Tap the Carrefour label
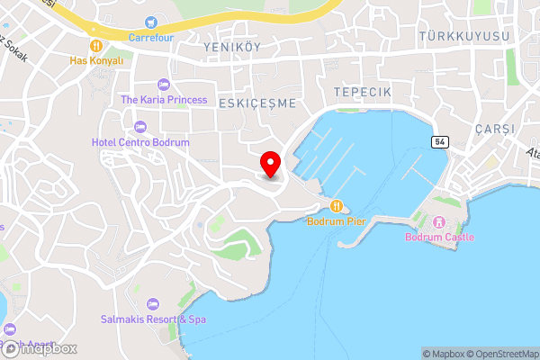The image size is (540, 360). [x=150, y=37]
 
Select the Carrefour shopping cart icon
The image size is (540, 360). [x=150, y=22]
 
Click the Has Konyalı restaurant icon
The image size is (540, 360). [x=94, y=44]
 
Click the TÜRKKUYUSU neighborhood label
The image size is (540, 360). [x=463, y=35]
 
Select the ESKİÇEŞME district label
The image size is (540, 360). [x=256, y=103]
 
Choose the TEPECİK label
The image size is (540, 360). [x=361, y=93]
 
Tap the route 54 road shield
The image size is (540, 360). [x=439, y=142]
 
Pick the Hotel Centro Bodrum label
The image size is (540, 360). [x=140, y=142]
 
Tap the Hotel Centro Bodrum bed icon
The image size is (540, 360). [x=140, y=127]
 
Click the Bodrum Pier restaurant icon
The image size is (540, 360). [x=337, y=205]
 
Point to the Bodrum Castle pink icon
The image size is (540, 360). [x=439, y=221]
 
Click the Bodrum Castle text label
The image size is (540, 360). [x=439, y=237]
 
